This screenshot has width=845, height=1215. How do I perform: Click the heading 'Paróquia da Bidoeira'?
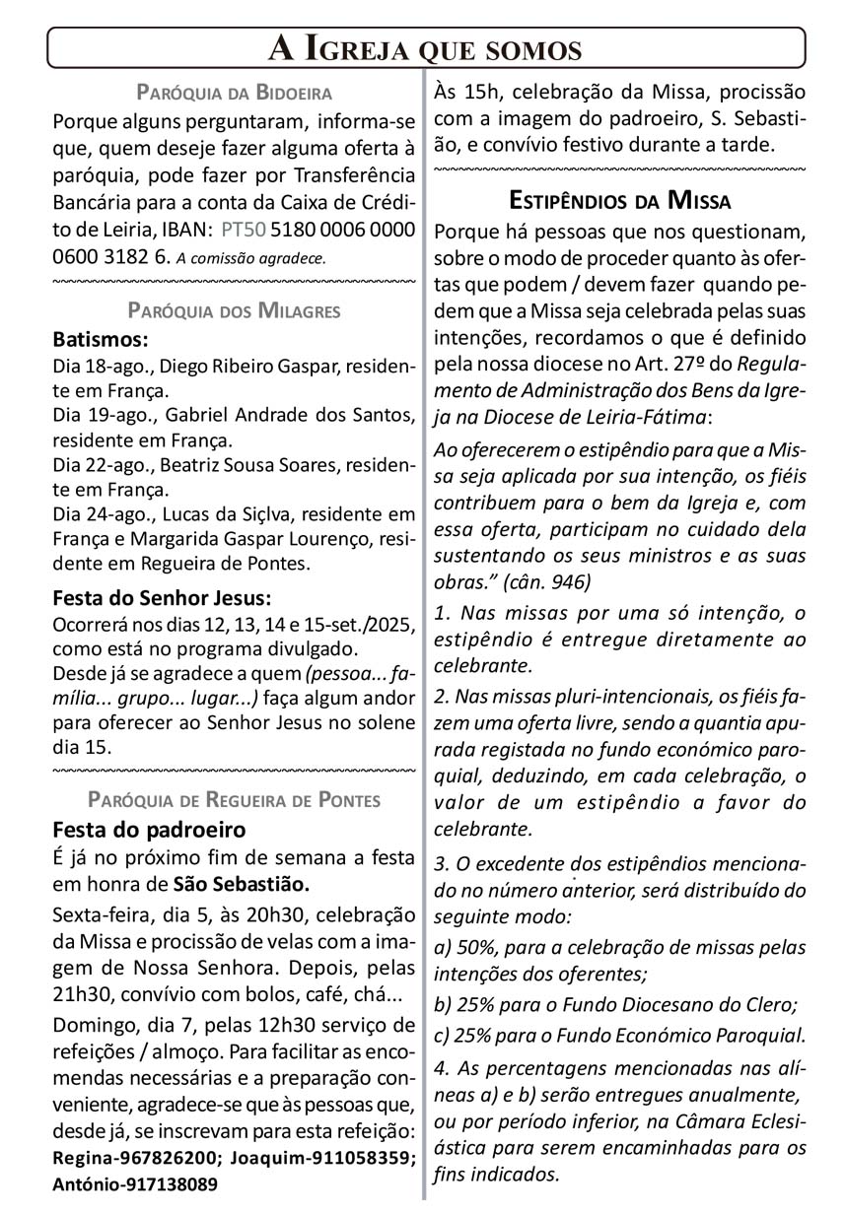point(234,94)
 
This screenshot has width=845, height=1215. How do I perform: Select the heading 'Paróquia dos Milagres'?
point(234,311)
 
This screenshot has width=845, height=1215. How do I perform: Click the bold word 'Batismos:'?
point(101,340)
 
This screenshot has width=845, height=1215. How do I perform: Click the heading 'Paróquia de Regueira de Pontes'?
point(234,799)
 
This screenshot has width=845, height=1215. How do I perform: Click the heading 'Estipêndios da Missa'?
point(619,201)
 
